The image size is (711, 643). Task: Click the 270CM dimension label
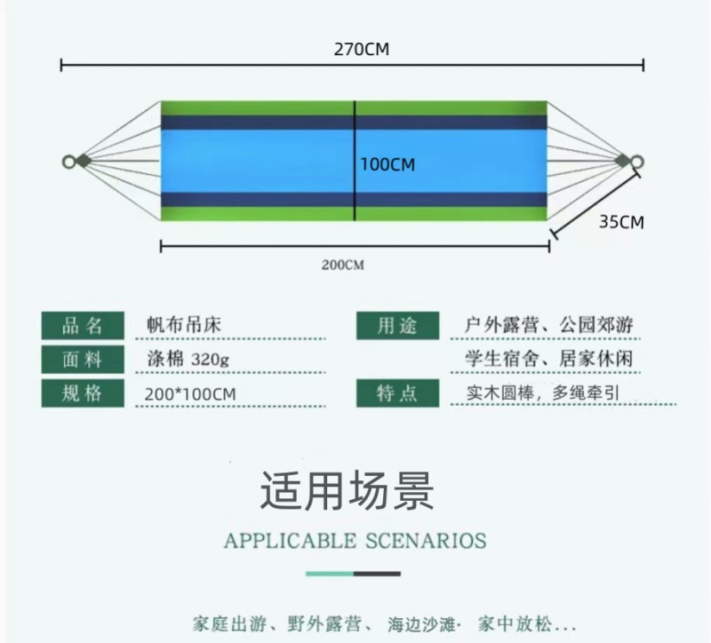(361, 50)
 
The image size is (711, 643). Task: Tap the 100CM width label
(387, 164)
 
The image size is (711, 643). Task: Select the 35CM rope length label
(620, 222)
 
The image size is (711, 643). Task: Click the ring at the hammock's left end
(68, 162)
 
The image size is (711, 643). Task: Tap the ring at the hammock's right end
(636, 162)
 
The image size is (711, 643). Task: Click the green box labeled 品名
(84, 326)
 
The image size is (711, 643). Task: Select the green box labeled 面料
(84, 360)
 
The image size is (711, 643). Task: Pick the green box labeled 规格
(84, 393)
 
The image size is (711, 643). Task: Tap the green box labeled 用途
(398, 326)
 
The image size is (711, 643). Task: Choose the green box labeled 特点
(398, 393)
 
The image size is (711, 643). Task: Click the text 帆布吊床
(184, 325)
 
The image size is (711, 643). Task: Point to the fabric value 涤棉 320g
(188, 360)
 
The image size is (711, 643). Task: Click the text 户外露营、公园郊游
(549, 325)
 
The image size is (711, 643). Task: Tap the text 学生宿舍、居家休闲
(549, 359)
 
